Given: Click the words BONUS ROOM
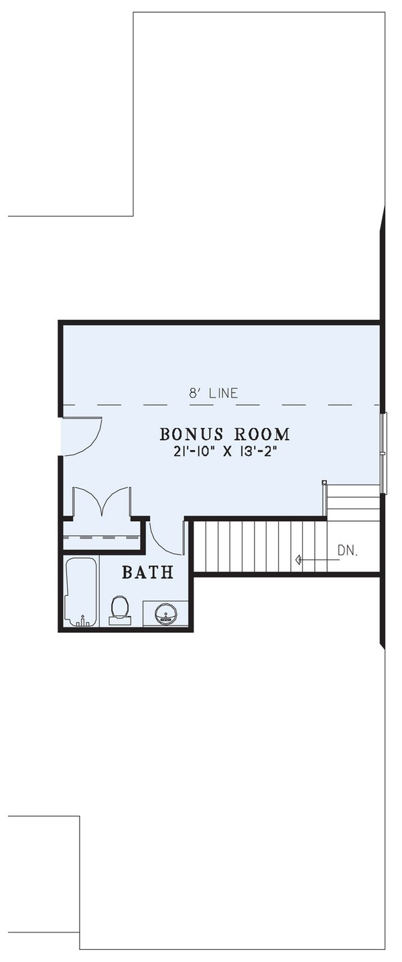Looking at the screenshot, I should [224, 434].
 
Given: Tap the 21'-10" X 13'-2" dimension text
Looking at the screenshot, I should [224, 451].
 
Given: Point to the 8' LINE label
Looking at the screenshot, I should [213, 393].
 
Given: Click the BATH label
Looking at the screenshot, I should [147, 572].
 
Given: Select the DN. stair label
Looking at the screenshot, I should [348, 551].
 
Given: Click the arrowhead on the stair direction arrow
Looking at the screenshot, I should [298, 559].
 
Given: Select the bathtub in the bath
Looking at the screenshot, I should [80, 592].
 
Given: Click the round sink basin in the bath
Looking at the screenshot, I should [164, 613].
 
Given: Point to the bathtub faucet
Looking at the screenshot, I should [82, 621].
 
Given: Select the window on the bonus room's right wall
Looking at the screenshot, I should [384, 454].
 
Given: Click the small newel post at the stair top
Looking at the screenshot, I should [324, 482].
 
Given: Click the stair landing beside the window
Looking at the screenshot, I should [354, 502].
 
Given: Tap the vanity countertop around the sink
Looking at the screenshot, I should [151, 613].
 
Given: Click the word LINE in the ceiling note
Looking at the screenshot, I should [222, 393].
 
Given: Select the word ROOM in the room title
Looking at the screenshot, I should [262, 434].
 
